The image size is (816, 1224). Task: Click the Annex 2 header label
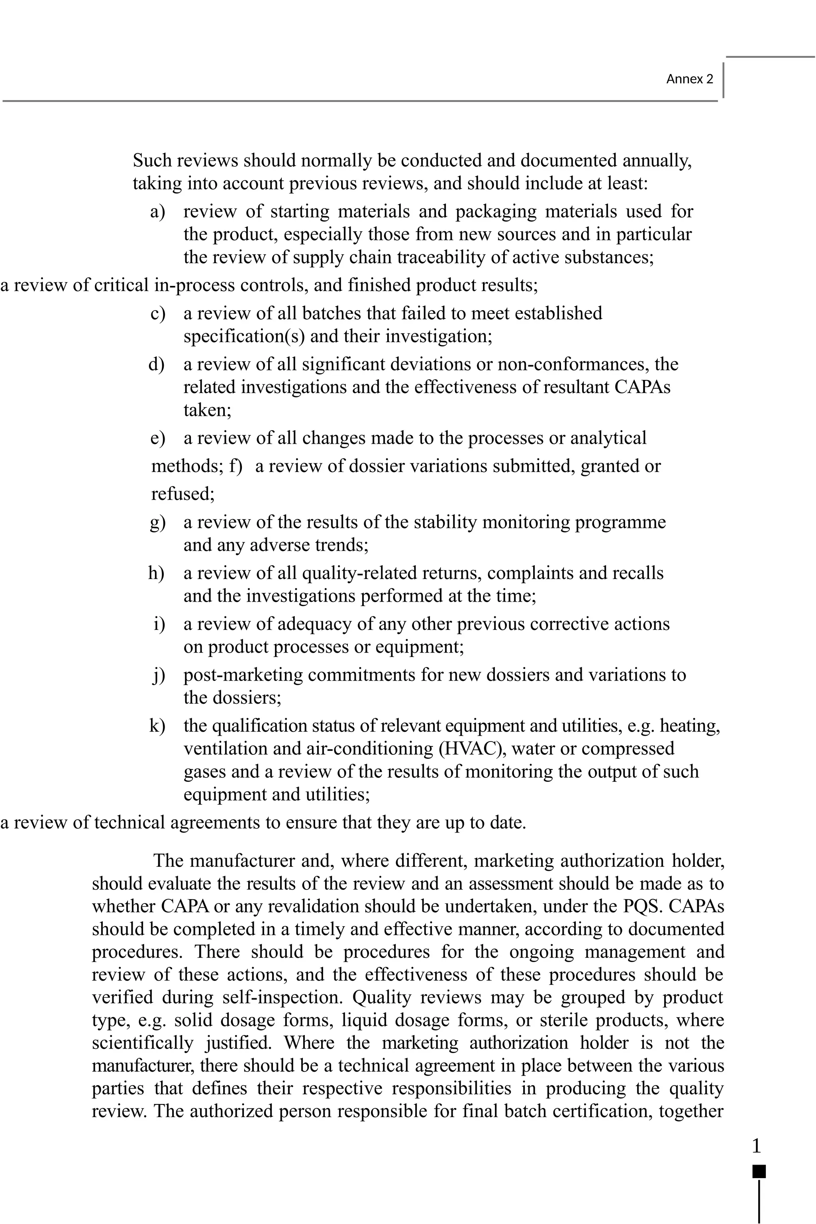tap(690, 79)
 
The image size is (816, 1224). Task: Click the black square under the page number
tap(759, 1171)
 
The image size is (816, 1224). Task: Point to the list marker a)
tap(157, 212)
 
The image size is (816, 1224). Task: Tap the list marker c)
tap(157, 314)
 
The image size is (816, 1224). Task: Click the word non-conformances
tap(573, 364)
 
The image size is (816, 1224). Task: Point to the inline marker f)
tap(235, 466)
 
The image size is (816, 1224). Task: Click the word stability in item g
tap(445, 522)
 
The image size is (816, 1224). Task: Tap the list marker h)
tap(156, 573)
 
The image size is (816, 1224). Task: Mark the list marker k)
tap(157, 726)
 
